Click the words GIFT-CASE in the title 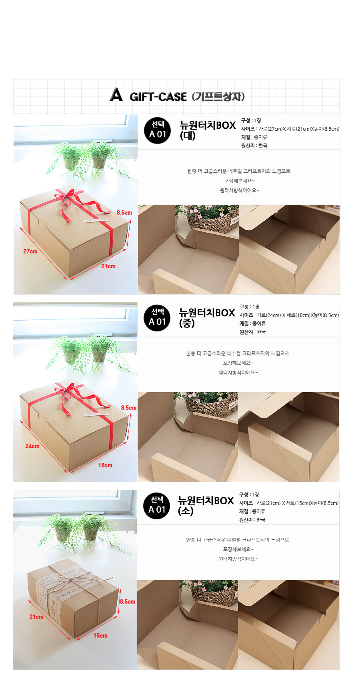[158, 97]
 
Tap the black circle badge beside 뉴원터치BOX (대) [157, 131]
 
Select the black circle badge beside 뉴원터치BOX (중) [157, 318]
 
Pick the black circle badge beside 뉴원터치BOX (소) [156, 506]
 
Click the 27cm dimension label [30, 251]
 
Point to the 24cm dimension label [32, 446]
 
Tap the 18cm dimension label [105, 465]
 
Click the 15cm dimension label [100, 635]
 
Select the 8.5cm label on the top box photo [124, 213]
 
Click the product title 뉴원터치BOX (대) [208, 130]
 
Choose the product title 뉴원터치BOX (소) [206, 505]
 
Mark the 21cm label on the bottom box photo [36, 616]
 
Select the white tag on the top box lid [95, 220]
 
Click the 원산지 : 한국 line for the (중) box [252, 332]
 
